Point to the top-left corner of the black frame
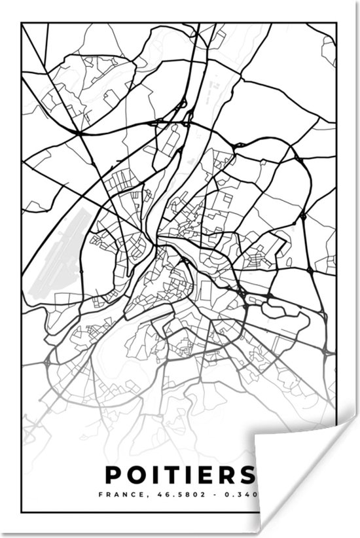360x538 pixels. point(22,24)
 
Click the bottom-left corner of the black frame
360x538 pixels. point(22,512)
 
